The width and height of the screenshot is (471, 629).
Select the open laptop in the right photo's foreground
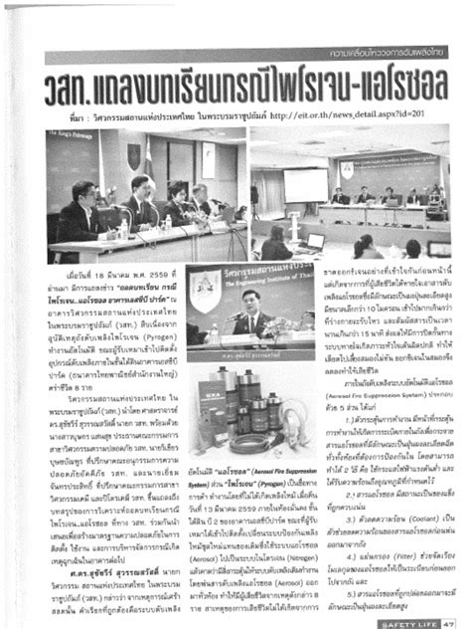[316, 241]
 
